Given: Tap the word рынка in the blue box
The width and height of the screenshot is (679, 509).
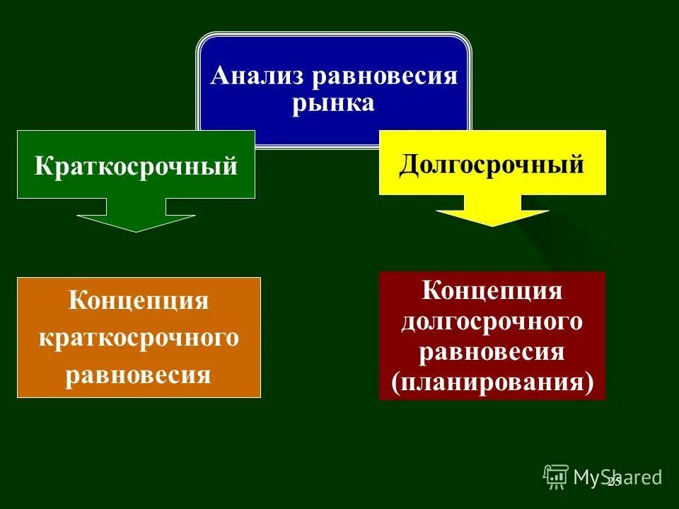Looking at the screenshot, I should [x=333, y=103].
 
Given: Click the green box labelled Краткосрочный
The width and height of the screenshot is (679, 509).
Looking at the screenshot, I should [x=136, y=164].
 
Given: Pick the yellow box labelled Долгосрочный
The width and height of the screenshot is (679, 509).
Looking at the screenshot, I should [x=492, y=163].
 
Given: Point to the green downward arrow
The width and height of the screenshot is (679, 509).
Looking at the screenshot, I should [x=136, y=216].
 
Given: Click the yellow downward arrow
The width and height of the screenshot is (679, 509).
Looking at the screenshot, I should [x=492, y=211].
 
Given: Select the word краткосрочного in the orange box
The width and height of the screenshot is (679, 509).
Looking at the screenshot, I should [x=139, y=338].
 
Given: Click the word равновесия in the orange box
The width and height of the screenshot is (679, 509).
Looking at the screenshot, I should [x=139, y=374].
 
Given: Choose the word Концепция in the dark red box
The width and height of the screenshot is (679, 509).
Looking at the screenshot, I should [x=492, y=290].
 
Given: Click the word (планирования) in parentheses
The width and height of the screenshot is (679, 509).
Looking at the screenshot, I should [x=492, y=382].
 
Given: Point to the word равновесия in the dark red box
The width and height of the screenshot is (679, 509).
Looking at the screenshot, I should [x=492, y=351].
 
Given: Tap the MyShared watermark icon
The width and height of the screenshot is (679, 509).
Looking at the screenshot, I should [x=556, y=476].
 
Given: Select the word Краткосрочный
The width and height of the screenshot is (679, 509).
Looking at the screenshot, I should [x=136, y=167].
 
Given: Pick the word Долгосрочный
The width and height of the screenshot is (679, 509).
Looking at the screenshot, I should [x=492, y=164].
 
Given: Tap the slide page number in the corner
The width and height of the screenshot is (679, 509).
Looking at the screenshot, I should [x=613, y=481].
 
